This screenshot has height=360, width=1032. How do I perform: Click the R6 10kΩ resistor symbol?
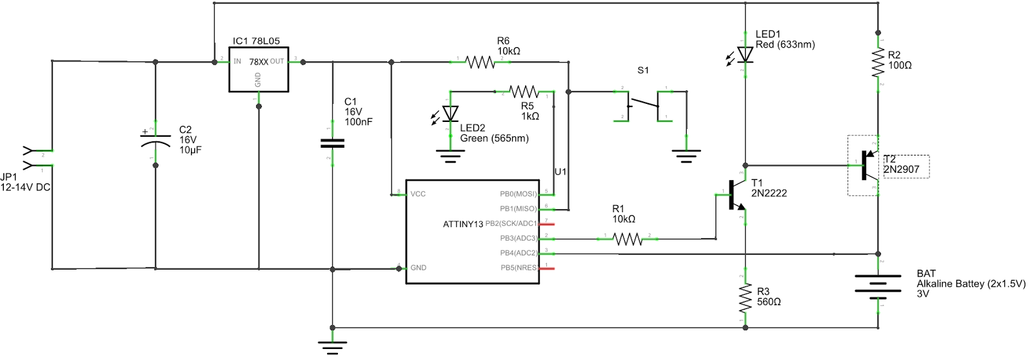pyautogui.click(x=481, y=63)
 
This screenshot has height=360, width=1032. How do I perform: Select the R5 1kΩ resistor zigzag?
pyautogui.click(x=523, y=92)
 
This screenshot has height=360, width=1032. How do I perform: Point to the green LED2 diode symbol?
pyautogui.click(x=450, y=114)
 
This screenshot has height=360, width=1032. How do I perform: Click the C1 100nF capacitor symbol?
pyautogui.click(x=332, y=143)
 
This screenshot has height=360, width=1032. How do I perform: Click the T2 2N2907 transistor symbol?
pyautogui.click(x=868, y=166)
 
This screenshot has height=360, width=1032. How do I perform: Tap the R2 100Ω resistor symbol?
pyautogui.click(x=878, y=63)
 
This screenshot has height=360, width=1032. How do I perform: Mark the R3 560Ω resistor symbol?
pyautogui.click(x=745, y=298)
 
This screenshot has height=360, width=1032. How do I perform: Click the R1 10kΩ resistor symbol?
pyautogui.click(x=627, y=239)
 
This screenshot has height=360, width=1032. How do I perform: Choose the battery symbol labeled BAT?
pyautogui.click(x=878, y=284)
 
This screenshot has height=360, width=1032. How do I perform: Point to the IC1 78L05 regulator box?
pyautogui.click(x=259, y=69)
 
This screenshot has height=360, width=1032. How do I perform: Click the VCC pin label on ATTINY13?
pyautogui.click(x=418, y=194)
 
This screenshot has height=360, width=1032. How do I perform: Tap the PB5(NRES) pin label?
pyautogui.click(x=519, y=268)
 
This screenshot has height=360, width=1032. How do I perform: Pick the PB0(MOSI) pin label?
pyautogui.click(x=518, y=194)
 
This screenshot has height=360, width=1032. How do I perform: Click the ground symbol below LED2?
pyautogui.click(x=450, y=155)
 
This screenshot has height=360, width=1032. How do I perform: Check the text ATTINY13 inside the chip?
pyautogui.click(x=462, y=225)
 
